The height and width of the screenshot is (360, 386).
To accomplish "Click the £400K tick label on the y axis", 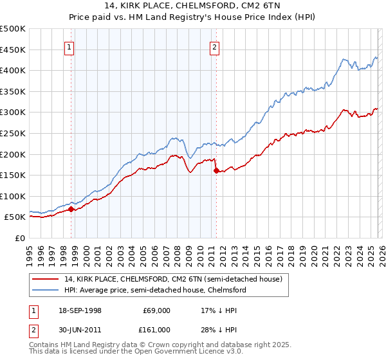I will pyautogui.click(x=13, y=70).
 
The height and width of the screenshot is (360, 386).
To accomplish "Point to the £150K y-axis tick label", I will pyautogui.click(x=13, y=175).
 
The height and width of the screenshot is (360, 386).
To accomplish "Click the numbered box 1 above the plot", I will pyautogui.click(x=69, y=46).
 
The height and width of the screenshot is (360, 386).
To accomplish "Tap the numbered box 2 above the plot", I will pyautogui.click(x=214, y=46).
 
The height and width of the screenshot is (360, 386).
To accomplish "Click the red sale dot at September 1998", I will pyautogui.click(x=71, y=209).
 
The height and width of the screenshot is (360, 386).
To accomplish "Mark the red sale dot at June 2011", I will pyautogui.click(x=216, y=170).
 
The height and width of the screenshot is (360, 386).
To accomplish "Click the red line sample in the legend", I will pyautogui.click(x=46, y=279).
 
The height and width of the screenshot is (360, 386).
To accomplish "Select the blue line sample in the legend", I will pyautogui.click(x=46, y=290).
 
